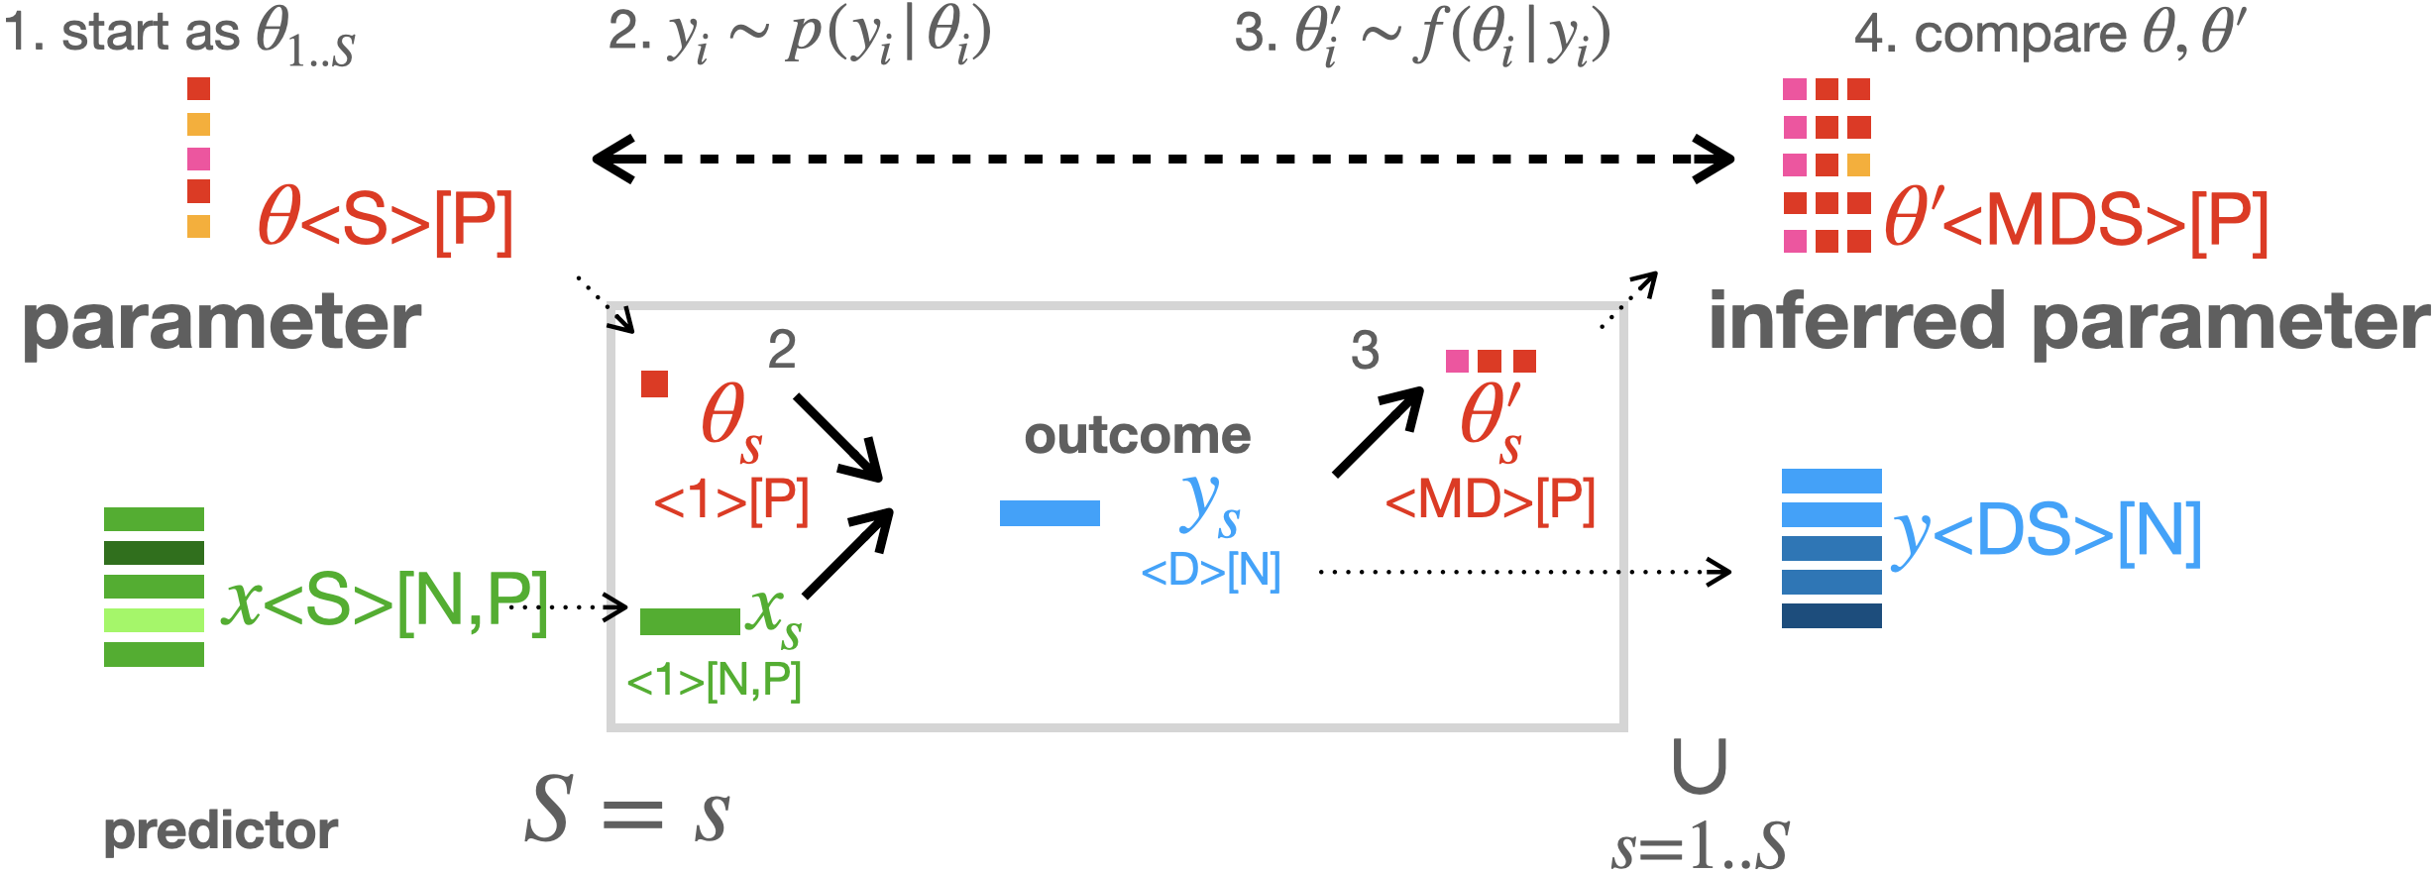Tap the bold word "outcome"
1137,436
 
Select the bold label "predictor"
220,830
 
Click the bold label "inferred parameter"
2069,322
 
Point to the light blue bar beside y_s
1050,513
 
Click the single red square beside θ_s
654,383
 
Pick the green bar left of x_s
690,621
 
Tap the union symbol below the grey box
1699,767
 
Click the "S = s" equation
627,811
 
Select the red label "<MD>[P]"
1490,499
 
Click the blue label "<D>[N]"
1210,571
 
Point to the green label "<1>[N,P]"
714,681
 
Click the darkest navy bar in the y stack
1830,615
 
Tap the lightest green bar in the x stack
154,620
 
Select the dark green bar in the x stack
154,553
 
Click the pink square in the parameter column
198,159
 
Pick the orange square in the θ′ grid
1858,164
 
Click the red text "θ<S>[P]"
386,220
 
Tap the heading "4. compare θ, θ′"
2048,35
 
